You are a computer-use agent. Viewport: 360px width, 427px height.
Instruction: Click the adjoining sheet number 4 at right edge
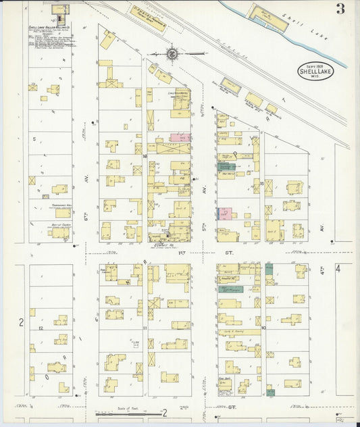click(x=349, y=269)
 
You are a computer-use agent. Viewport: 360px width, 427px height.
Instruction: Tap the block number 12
click(x=41, y=328)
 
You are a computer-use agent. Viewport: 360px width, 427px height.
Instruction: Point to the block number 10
click(x=263, y=328)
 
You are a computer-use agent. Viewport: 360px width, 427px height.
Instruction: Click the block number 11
click(x=145, y=328)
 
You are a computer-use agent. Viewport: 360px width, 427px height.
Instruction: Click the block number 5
click(x=34, y=138)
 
